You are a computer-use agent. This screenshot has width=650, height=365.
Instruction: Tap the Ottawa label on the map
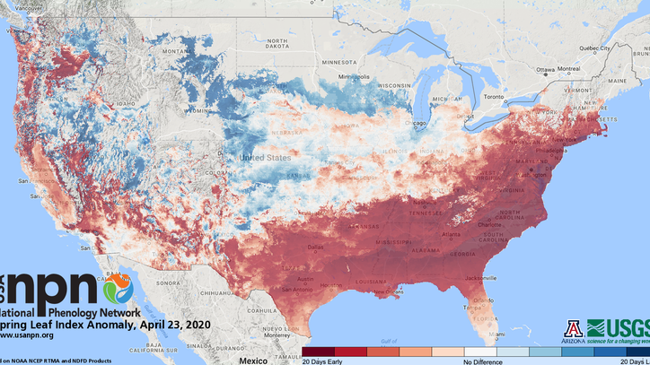(545, 69)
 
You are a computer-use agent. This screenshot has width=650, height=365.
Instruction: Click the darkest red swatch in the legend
(318, 352)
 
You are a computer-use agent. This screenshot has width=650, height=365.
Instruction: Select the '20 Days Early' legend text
(321, 361)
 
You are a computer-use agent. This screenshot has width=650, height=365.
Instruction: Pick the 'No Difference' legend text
(482, 361)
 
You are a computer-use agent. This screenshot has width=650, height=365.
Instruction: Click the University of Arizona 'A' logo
(574, 328)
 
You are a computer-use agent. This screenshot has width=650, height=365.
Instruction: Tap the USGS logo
(618, 328)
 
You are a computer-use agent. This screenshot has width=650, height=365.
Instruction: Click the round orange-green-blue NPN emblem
(118, 289)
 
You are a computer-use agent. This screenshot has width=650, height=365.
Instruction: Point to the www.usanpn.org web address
(27, 335)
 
